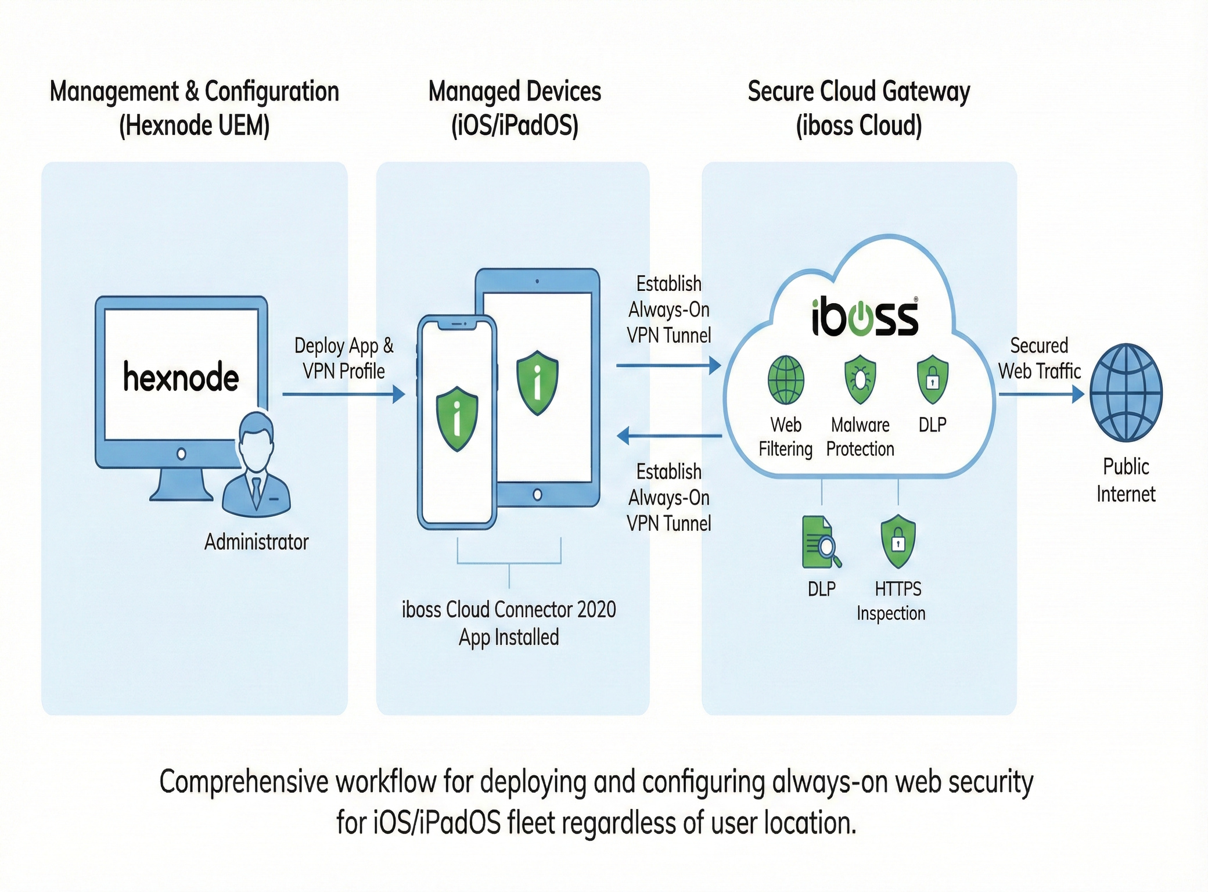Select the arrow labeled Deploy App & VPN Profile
click(343, 395)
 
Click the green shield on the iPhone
click(457, 418)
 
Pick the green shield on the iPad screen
click(537, 382)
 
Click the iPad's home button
click(537, 495)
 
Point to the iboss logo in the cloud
click(865, 317)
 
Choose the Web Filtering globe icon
click(786, 380)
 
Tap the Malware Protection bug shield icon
click(860, 380)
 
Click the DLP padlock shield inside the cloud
click(932, 380)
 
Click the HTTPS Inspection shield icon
click(898, 541)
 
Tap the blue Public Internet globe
click(1126, 392)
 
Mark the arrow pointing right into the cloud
click(668, 365)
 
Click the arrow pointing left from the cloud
click(668, 436)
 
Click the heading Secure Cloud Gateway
click(858, 92)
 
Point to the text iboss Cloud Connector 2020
click(509, 610)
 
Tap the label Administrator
click(256, 542)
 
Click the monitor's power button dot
click(181, 454)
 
